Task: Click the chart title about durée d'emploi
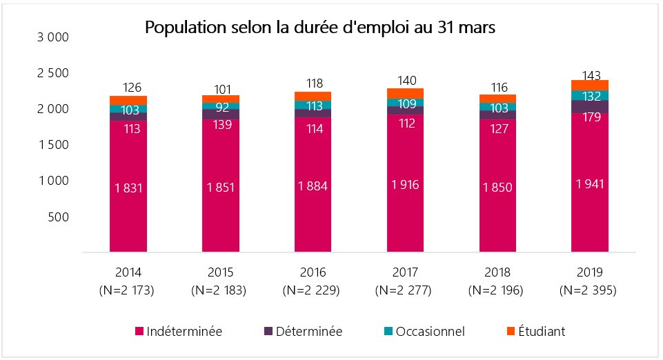(320, 28)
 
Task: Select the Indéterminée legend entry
(178, 332)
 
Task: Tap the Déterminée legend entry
(302, 332)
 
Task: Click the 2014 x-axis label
(128, 272)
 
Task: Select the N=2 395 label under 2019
(590, 290)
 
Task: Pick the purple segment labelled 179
(590, 106)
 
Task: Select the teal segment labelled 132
(590, 95)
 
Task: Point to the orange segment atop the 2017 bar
(406, 94)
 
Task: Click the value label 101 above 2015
(221, 89)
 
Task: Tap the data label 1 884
(313, 186)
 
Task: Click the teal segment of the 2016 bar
(313, 105)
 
